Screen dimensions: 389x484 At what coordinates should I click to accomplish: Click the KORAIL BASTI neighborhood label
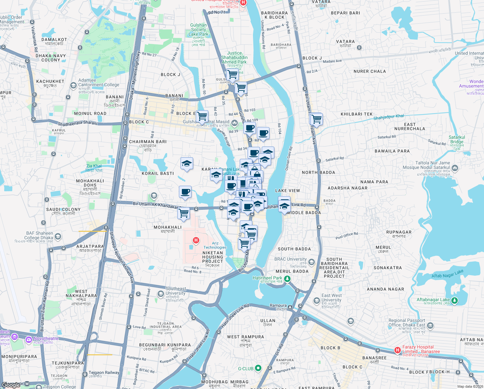pyautogui.click(x=158, y=173)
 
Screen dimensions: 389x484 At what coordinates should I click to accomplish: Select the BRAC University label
pyautogui.click(x=290, y=259)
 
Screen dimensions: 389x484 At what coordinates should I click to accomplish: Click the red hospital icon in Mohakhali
pyautogui.click(x=196, y=240)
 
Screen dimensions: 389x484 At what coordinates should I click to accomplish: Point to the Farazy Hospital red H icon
pyautogui.click(x=397, y=350)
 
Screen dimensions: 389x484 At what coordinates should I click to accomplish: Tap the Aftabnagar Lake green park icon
pyautogui.click(x=455, y=301)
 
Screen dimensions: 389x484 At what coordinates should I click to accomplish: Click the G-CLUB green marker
pyautogui.click(x=258, y=368)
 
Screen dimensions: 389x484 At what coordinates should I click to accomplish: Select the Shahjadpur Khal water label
pyautogui.click(x=389, y=117)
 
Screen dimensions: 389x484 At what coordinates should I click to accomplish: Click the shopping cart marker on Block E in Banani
pyautogui.click(x=202, y=116)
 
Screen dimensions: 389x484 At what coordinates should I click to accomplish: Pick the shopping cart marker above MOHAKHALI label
pyautogui.click(x=183, y=214)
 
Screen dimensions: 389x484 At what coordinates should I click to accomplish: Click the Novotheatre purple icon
pyautogui.click(x=28, y=339)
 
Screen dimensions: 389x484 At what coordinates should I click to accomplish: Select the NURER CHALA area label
pyautogui.click(x=369, y=71)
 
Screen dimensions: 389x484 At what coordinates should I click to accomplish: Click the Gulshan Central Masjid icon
pyautogui.click(x=234, y=123)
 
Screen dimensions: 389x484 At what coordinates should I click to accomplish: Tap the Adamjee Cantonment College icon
pyautogui.click(x=73, y=85)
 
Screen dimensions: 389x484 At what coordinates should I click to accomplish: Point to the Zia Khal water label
pyautogui.click(x=94, y=168)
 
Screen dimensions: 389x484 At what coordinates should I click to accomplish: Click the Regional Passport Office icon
pyautogui.click(x=430, y=325)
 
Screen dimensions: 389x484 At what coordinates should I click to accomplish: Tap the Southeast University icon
pyautogui.click(x=160, y=294)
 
